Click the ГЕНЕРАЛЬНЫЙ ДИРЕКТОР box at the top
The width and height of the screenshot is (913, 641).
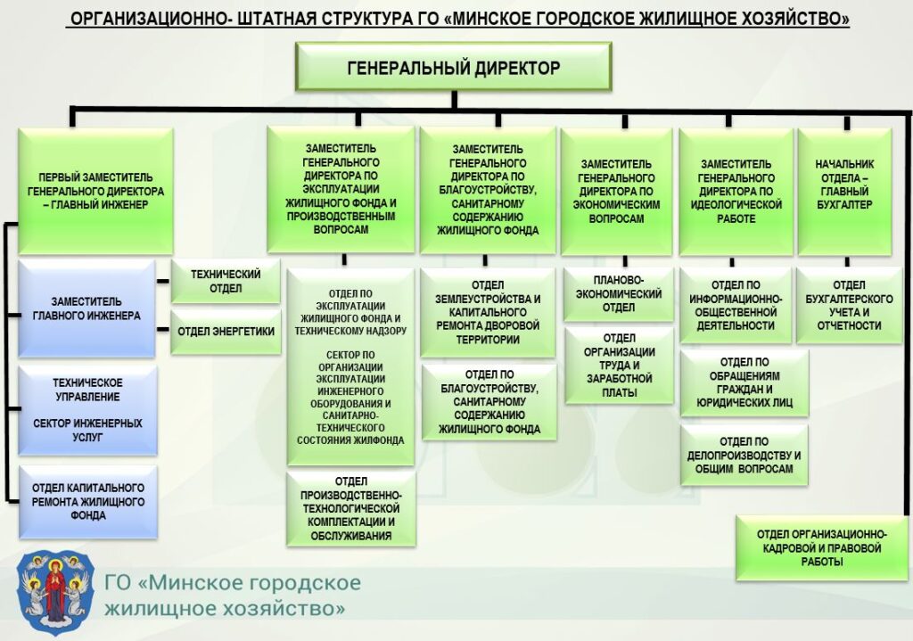(x=453, y=67)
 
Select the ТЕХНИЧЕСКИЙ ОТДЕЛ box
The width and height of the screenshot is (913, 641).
(x=226, y=281)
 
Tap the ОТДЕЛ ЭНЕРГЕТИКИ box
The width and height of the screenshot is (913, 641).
(x=226, y=332)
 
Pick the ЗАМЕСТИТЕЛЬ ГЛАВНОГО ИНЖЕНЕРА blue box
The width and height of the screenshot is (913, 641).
(x=86, y=308)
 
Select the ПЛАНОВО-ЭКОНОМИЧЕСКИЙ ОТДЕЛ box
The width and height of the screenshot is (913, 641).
(x=618, y=294)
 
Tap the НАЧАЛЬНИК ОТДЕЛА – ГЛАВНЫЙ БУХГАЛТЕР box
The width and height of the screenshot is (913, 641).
(x=844, y=191)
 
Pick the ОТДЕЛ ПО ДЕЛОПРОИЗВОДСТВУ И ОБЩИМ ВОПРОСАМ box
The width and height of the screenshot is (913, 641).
(x=744, y=455)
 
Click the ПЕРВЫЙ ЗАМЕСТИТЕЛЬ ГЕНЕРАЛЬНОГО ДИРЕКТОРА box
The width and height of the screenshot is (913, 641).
(x=95, y=191)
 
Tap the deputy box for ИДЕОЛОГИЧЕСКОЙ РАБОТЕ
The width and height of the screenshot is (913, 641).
(x=736, y=191)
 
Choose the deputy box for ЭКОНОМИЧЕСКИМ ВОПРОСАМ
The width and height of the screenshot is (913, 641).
(x=616, y=191)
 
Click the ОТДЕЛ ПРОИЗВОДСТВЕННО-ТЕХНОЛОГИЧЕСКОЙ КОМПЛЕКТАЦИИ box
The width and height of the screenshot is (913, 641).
(x=350, y=508)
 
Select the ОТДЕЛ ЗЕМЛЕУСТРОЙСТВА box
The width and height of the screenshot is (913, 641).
(x=488, y=311)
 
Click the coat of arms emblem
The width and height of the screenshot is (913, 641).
(x=56, y=588)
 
